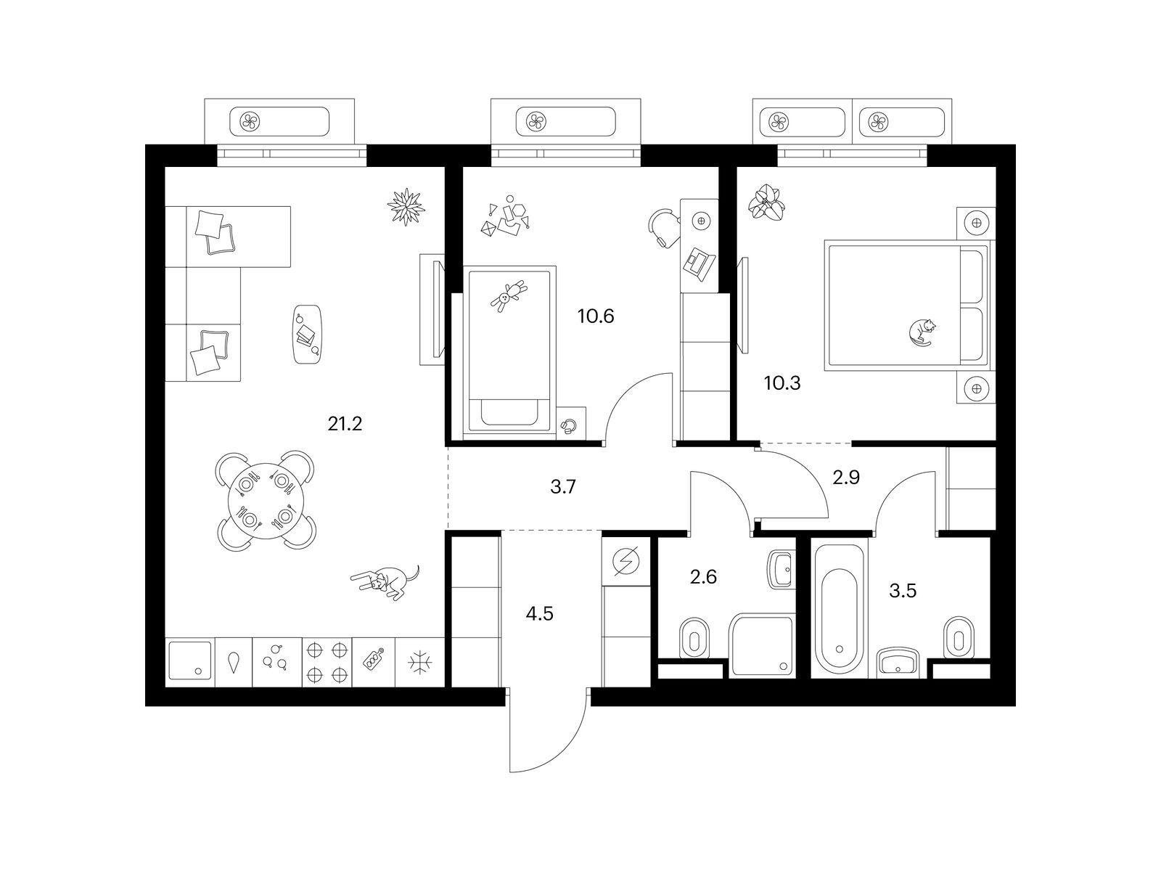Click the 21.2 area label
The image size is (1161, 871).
[345, 424]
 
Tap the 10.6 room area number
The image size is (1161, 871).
[596, 316]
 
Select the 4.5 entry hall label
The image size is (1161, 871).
[540, 614]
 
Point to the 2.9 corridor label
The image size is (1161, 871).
[846, 478]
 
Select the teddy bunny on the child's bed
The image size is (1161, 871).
[509, 295]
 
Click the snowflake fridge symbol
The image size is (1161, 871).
[420, 662]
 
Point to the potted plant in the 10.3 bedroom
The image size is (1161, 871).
[766, 202]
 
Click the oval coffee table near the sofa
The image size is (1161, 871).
[308, 334]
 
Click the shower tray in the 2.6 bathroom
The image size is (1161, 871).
[762, 645]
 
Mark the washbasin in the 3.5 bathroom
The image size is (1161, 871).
[898, 662]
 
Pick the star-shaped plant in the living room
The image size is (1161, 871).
[406, 206]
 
